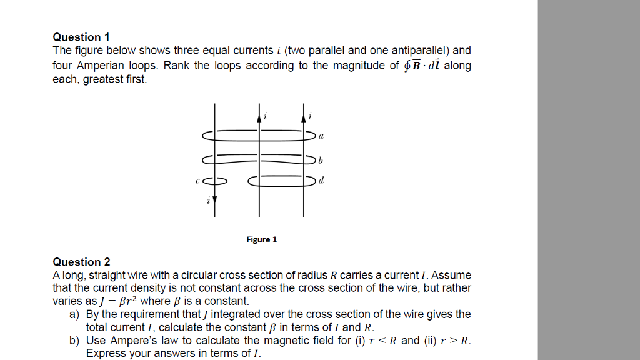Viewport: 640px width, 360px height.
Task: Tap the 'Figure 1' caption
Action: (x=261, y=239)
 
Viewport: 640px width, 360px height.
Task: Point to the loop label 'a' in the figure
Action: (x=321, y=135)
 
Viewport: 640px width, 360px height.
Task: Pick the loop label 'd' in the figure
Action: (x=321, y=182)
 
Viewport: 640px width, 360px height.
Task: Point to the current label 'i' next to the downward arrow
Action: (x=208, y=201)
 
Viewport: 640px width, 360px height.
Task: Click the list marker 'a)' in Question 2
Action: (x=75, y=314)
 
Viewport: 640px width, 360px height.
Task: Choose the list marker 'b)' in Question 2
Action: (x=75, y=341)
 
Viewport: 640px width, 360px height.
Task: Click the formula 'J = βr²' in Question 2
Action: (x=117, y=301)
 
